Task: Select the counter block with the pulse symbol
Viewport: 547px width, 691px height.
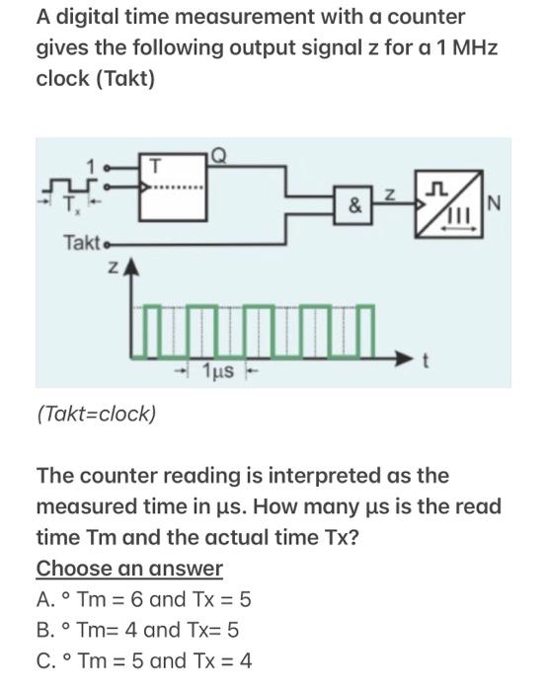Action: tap(448, 206)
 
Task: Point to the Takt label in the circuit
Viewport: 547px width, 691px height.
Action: tap(83, 242)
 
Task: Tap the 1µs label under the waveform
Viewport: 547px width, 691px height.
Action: tap(218, 371)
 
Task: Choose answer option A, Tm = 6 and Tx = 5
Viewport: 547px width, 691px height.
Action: tap(144, 599)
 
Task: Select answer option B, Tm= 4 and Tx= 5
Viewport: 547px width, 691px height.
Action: tap(138, 630)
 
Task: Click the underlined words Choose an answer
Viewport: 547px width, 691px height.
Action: tap(129, 569)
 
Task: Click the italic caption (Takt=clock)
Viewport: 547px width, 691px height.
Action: tap(96, 413)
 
